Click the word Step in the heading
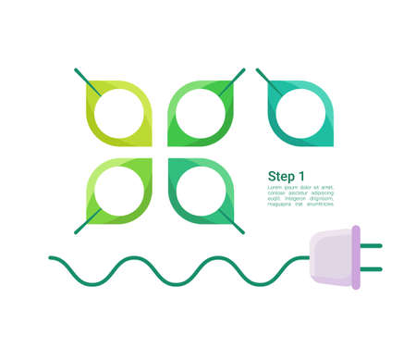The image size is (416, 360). (x=281, y=177)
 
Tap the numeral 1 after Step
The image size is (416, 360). (x=301, y=177)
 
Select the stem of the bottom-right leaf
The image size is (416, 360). (x=232, y=223)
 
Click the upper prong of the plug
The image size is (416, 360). (x=371, y=246)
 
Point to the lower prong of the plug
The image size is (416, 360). (x=371, y=269)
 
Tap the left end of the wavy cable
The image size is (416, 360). (x=52, y=258)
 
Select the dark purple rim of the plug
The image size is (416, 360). (x=355, y=257)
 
